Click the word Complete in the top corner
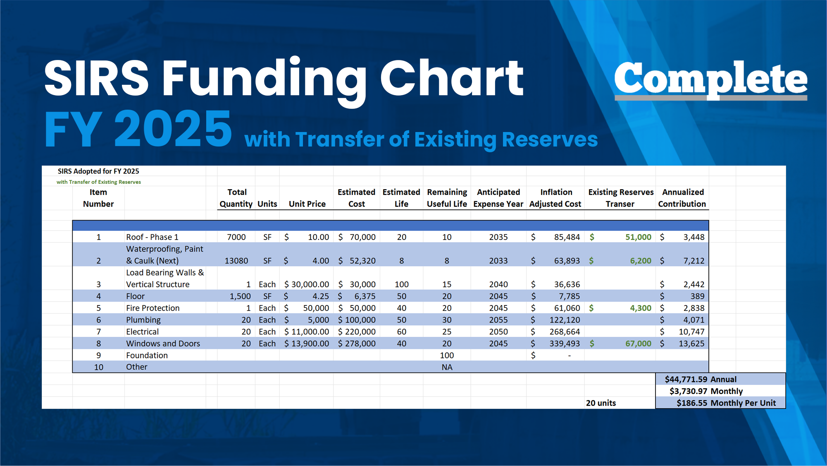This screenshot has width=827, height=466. pyautogui.click(x=710, y=79)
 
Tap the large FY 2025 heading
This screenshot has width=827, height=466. pyautogui.click(x=138, y=129)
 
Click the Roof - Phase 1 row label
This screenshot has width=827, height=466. pyautogui.click(x=152, y=237)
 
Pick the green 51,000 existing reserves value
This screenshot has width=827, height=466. pyautogui.click(x=638, y=237)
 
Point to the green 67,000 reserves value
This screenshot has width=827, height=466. pyautogui.click(x=638, y=343)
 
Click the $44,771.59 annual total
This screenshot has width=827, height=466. pyautogui.click(x=686, y=379)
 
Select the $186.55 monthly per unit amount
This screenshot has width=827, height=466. pyautogui.click(x=691, y=403)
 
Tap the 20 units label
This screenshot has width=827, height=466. pyautogui.click(x=601, y=403)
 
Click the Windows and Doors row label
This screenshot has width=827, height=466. pyautogui.click(x=163, y=343)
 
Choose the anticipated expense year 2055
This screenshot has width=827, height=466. pyautogui.click(x=498, y=320)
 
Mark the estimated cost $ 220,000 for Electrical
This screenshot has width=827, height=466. pyautogui.click(x=357, y=331)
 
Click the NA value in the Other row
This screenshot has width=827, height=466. pyautogui.click(x=447, y=367)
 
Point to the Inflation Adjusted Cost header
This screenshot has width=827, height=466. pyautogui.click(x=555, y=198)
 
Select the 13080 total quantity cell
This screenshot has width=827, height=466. pyautogui.click(x=236, y=261)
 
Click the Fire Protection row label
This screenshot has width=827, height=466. pyautogui.click(x=153, y=308)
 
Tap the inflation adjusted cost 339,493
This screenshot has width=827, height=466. pyautogui.click(x=565, y=343)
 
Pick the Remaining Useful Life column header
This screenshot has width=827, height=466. pyautogui.click(x=447, y=198)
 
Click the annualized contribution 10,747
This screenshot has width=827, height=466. pyautogui.click(x=691, y=331)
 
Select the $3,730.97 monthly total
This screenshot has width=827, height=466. pyautogui.click(x=689, y=391)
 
